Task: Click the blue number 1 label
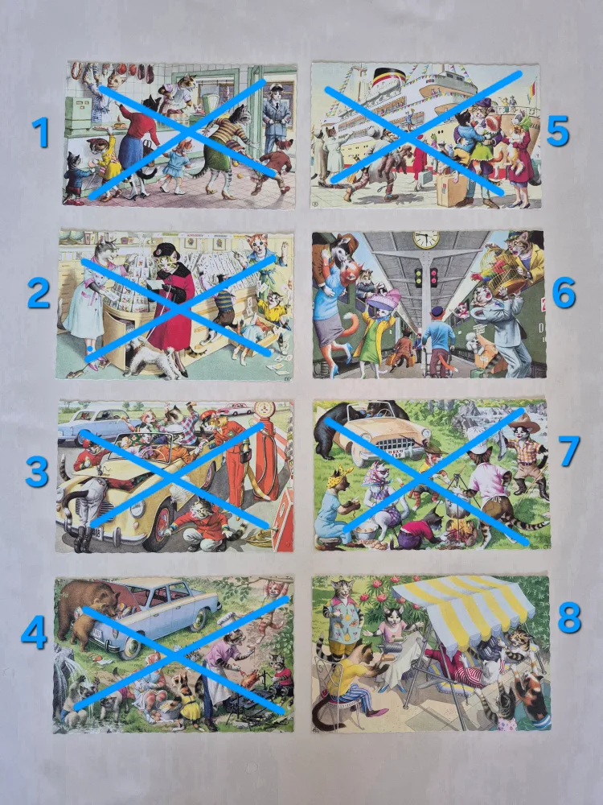40,132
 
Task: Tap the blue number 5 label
557,130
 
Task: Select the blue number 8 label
568,617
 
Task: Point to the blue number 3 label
37,472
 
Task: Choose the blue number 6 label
564,293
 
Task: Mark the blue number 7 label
570,451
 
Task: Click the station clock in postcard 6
426,239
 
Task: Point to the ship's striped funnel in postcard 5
388,77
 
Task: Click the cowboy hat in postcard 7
524,423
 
